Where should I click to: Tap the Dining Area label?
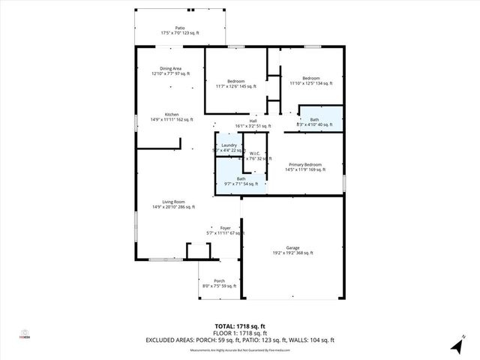tap(170, 68)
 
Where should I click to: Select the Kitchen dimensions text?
tap(172, 119)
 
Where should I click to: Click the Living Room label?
tap(173, 202)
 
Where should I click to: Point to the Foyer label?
tap(225, 228)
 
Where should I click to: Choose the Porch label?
tap(219, 281)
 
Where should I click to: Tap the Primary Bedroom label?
tap(305, 164)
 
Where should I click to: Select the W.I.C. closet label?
tap(254, 154)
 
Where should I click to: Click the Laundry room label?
tap(229, 145)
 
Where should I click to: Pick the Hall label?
tap(253, 121)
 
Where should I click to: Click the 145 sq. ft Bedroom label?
tap(235, 81)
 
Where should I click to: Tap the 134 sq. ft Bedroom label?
tap(310, 78)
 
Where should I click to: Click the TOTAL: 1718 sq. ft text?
tap(239, 326)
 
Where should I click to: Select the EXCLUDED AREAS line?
tap(239, 341)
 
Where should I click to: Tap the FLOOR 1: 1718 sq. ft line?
tap(239, 334)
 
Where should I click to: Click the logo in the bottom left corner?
tap(24, 334)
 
